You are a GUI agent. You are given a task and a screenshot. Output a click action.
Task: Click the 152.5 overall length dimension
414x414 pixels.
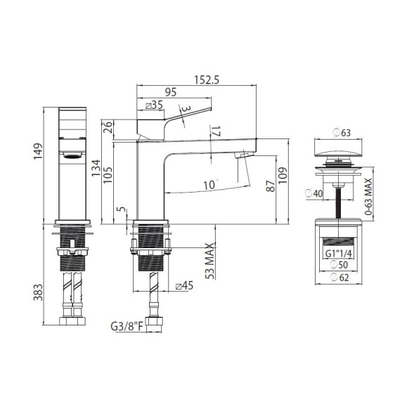point(207,79)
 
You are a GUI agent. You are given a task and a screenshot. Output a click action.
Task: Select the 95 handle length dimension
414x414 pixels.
point(171,92)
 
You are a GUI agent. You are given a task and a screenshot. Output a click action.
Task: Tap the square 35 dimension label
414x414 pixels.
point(155,105)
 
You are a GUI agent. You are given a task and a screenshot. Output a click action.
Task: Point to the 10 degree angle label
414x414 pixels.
point(211,185)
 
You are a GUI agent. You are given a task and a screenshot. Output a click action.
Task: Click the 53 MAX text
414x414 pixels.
point(210,261)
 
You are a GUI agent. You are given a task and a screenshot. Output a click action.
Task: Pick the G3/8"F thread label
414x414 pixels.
point(127,327)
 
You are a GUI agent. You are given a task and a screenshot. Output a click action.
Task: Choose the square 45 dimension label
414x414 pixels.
point(185,285)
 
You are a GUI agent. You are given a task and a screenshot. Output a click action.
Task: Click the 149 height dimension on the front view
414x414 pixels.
point(38,151)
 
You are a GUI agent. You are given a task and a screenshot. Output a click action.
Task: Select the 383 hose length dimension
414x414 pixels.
point(38,292)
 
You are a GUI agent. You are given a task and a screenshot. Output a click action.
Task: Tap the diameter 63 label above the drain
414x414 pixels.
point(342,133)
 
